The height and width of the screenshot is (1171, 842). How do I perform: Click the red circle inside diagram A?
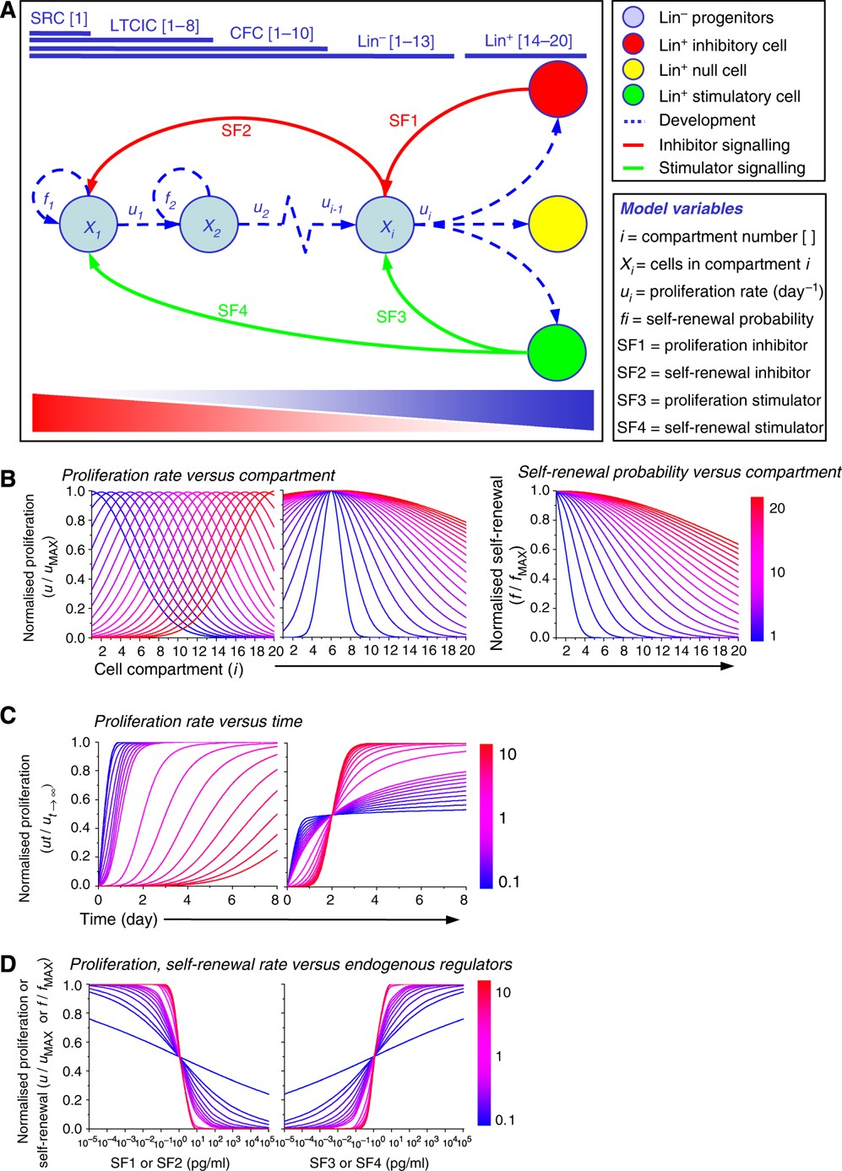(557, 89)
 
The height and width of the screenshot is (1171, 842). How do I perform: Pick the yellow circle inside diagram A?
(557, 225)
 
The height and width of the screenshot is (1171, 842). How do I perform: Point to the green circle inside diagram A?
(557, 352)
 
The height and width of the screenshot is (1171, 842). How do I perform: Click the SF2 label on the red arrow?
(236, 131)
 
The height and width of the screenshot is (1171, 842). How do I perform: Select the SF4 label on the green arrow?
(232, 311)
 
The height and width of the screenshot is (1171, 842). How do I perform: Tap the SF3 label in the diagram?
(391, 317)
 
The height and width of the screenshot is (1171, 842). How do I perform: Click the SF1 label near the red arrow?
(403, 121)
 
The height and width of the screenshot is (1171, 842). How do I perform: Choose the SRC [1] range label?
(59, 19)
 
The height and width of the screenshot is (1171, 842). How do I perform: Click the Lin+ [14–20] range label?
(528, 41)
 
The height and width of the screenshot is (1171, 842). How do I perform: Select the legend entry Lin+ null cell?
(702, 70)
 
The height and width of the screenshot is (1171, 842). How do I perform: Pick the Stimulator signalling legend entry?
(731, 168)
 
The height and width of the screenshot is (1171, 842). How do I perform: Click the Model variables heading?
(682, 209)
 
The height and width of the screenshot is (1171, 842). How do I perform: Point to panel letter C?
(8, 715)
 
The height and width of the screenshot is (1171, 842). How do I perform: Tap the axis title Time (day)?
(118, 919)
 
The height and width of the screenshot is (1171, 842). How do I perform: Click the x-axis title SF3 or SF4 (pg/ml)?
(368, 1163)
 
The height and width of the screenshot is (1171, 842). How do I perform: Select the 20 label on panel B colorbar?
(777, 508)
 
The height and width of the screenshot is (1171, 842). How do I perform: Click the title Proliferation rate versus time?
(198, 721)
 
